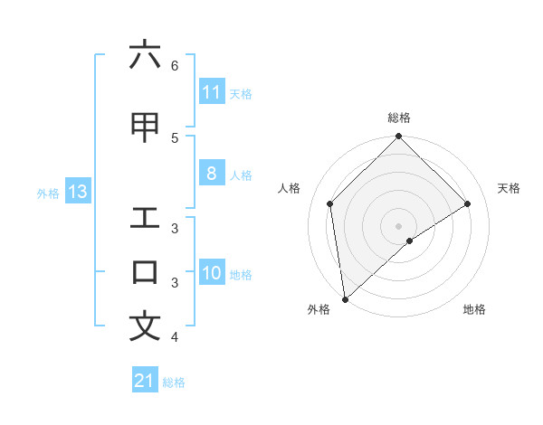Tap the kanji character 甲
[x=145, y=127]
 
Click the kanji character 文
[x=145, y=326]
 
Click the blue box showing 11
[x=212, y=92]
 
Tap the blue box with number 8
[x=212, y=175]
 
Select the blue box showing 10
[x=212, y=274]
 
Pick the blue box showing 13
[x=77, y=192]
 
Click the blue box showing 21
[x=145, y=382]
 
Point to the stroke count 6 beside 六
[x=175, y=66]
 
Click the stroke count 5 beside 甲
[x=175, y=137]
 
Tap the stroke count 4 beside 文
[x=175, y=337]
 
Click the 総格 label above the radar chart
[x=399, y=118]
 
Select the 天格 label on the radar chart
[x=510, y=188]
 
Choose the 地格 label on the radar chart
[x=474, y=310]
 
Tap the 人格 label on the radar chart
[x=290, y=188]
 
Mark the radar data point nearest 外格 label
[x=345, y=298]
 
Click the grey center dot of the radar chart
[x=399, y=225]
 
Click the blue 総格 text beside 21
[x=174, y=382]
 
